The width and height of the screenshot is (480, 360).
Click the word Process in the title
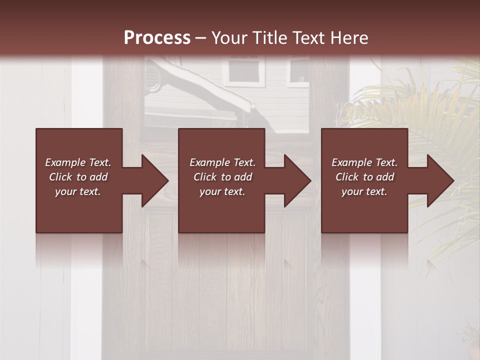click(x=157, y=38)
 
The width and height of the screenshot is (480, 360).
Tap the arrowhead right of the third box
click(x=439, y=180)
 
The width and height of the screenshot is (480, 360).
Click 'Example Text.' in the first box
click(x=78, y=162)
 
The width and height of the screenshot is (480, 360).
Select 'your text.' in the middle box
click(x=222, y=191)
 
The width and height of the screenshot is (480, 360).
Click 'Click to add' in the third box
click(x=364, y=177)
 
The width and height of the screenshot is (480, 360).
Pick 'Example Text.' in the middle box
click(x=222, y=162)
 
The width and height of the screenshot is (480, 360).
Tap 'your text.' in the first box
click(x=78, y=191)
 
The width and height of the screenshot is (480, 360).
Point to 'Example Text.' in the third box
click(x=364, y=162)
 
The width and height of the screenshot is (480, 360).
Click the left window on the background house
click(x=244, y=71)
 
